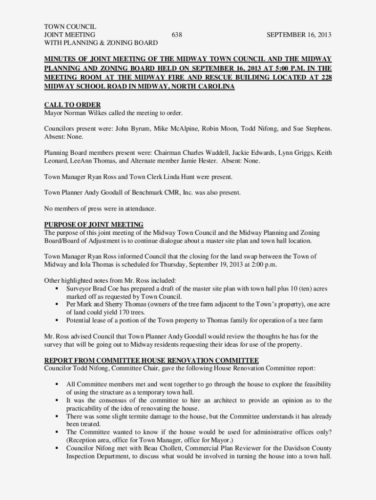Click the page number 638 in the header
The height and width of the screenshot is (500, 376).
[x=177, y=35]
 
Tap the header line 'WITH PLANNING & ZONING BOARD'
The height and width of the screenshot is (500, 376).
[x=101, y=43]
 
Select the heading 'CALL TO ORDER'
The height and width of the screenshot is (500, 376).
[x=72, y=105]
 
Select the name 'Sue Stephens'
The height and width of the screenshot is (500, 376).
[x=312, y=129]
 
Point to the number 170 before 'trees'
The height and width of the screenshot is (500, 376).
[x=118, y=312]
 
